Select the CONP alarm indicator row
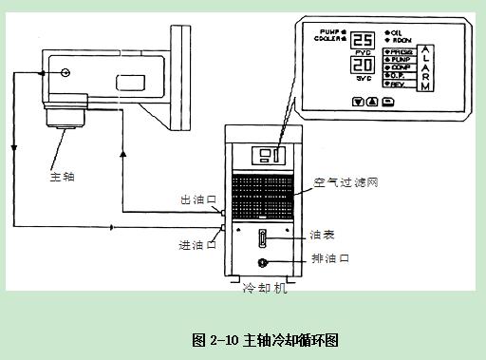point(398,67)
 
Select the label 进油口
point(195,244)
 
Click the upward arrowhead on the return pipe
point(122,150)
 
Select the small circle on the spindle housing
point(65,72)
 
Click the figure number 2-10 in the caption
point(224,339)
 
